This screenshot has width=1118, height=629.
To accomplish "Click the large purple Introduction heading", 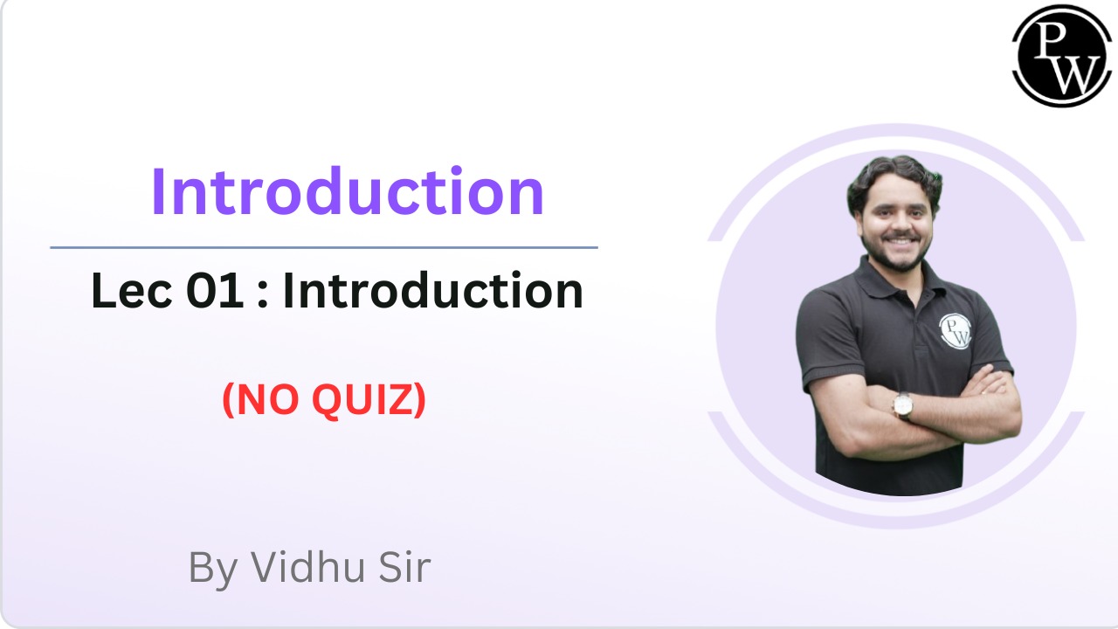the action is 348,191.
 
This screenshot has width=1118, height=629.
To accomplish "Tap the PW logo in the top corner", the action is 1061,55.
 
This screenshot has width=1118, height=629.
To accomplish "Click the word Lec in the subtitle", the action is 132,290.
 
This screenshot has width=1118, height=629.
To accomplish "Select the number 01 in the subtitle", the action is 216,291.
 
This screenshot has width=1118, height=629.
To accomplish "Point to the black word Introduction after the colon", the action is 432,290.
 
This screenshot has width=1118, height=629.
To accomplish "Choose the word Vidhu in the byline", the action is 307,567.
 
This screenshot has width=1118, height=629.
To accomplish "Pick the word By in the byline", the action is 212,570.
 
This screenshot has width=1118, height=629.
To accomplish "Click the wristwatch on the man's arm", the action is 903,404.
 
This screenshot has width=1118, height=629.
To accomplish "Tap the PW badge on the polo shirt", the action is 956,331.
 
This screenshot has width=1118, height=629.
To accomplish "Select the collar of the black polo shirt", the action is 894,280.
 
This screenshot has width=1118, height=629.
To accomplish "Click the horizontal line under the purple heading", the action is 324,247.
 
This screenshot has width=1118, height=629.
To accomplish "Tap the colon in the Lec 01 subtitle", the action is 263,295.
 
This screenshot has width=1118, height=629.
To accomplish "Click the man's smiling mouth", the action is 901,242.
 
